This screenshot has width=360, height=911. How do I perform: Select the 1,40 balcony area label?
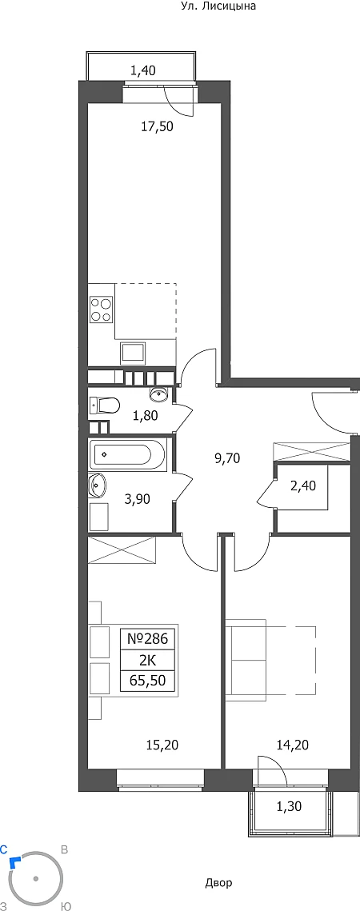(x=142, y=71)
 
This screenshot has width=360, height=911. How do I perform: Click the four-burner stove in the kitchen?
(x=101, y=309)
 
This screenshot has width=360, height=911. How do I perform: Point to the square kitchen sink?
(x=134, y=354)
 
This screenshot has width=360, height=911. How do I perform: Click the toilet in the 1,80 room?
(x=104, y=405)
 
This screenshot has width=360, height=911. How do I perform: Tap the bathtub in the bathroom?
(x=129, y=454)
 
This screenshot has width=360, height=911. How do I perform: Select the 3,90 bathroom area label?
(x=138, y=498)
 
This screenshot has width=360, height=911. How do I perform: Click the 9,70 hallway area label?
(x=227, y=457)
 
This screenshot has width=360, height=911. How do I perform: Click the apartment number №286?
(x=147, y=639)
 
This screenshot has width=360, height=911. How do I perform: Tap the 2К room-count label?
(x=147, y=660)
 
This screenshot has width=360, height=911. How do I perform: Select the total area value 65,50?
(x=147, y=681)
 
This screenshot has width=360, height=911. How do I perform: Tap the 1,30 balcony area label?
(x=289, y=805)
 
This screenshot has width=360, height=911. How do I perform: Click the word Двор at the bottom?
(x=218, y=883)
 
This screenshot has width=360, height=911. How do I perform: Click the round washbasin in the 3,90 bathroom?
(x=97, y=485)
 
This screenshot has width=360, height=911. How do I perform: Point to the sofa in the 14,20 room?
(x=246, y=657)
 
